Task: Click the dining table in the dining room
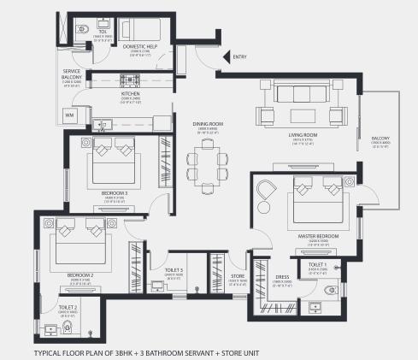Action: pos(206,161)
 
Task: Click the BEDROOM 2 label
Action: pos(79,275)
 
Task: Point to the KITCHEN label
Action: pos(130,94)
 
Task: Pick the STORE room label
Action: pos(238,275)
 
